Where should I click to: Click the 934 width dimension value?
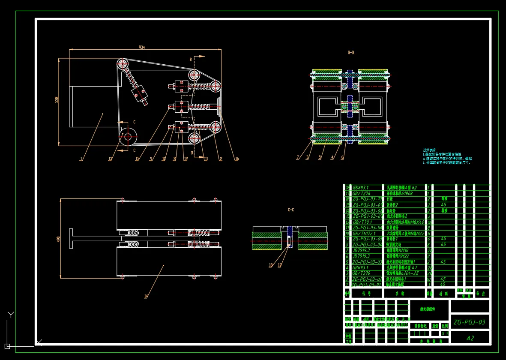point(141,47)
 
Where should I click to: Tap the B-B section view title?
point(351,52)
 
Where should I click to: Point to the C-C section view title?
point(290,210)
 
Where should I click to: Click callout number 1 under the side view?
point(81,159)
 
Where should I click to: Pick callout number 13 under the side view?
point(110,159)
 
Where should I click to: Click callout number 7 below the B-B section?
point(297,158)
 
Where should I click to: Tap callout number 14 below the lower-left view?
point(146,296)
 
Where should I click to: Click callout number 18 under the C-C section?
point(270,265)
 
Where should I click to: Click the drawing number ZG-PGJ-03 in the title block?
point(470,322)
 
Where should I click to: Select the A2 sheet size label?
point(470,338)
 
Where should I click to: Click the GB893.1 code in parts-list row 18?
point(360,188)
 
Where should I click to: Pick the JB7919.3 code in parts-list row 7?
point(361,250)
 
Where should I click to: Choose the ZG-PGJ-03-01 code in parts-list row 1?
point(366,284)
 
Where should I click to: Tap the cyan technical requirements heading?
point(429,150)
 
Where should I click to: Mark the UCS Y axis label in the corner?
point(11,315)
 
